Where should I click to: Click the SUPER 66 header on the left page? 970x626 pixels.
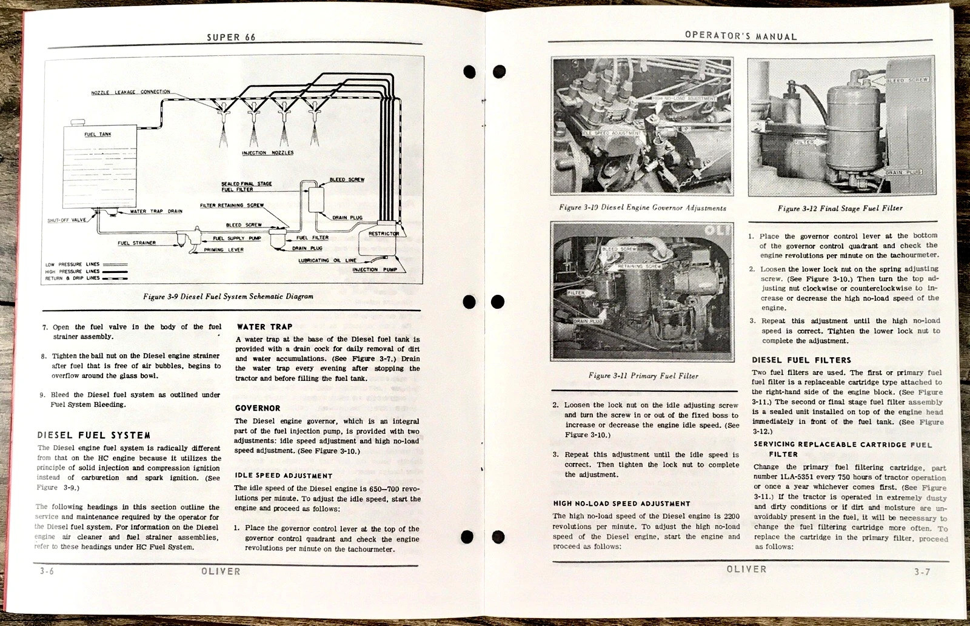[231, 37]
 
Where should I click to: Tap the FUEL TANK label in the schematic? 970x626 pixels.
[98, 134]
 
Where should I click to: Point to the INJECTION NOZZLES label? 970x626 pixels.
[267, 153]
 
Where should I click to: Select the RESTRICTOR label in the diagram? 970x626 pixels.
[384, 234]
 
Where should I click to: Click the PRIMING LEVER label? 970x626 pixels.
[224, 249]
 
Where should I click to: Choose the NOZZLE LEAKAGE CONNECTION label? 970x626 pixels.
[130, 92]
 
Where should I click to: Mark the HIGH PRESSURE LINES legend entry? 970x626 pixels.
[72, 271]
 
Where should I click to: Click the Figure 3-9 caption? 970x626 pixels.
[228, 297]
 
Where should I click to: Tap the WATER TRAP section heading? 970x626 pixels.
[264, 326]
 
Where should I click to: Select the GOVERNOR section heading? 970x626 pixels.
[258, 408]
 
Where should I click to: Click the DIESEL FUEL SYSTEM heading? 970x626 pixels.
[94, 435]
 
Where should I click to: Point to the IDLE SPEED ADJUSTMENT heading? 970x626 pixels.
[283, 476]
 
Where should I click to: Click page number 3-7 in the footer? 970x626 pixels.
[922, 571]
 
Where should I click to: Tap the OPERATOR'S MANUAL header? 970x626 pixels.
[741, 36]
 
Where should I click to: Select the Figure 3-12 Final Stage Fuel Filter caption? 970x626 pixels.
[840, 209]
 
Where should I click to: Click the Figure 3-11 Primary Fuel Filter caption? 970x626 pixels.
[643, 376]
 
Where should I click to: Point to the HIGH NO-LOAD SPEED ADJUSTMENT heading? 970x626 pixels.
[621, 503]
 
